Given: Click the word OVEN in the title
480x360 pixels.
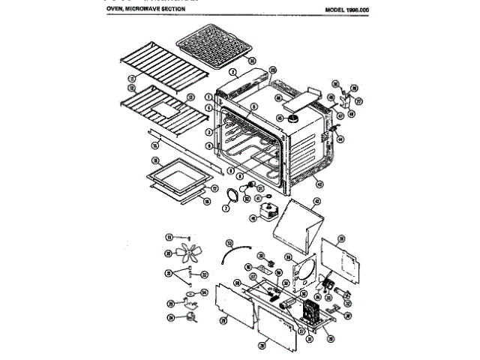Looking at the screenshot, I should tap(124, 8).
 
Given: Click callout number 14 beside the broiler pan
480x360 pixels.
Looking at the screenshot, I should tap(253, 60).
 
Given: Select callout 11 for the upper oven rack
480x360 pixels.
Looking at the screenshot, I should tap(131, 77).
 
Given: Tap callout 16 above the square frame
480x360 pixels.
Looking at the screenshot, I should tap(155, 161).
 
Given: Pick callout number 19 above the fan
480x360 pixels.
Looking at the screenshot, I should tap(169, 236).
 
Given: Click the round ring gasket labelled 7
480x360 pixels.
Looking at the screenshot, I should tap(227, 196).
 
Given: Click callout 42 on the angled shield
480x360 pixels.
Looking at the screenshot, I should tap(316, 201).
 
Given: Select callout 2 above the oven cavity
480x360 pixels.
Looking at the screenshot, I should tap(233, 72).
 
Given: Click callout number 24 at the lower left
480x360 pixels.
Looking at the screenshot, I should tap(170, 317).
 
